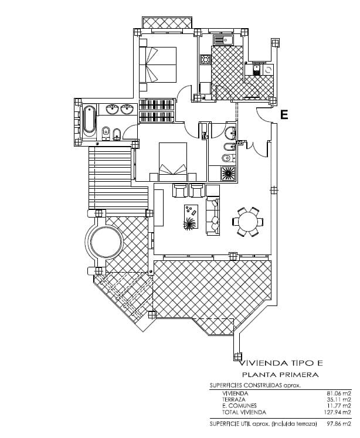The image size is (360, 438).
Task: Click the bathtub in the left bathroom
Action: tap(89, 121)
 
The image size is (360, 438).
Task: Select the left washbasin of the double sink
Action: tap(112, 108)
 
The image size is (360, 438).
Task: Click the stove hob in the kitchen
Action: tap(205, 59)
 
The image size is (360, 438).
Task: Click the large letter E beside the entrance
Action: tap(284, 115)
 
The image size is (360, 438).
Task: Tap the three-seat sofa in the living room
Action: tap(212, 216)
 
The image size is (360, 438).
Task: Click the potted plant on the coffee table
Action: tap(190, 223)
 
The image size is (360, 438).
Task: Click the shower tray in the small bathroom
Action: tap(227, 174)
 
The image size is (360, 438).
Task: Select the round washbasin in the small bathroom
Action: tap(230, 131)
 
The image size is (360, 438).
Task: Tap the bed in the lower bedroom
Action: tap(173, 161)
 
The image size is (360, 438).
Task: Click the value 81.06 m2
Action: tap(338, 393)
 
